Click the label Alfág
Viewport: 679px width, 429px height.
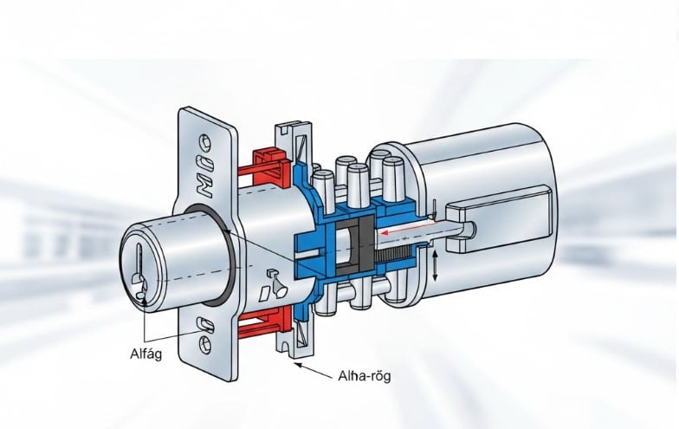(x=145, y=354)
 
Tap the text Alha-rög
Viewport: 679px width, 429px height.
(x=364, y=376)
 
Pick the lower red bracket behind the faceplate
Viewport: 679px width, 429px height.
(x=259, y=322)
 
